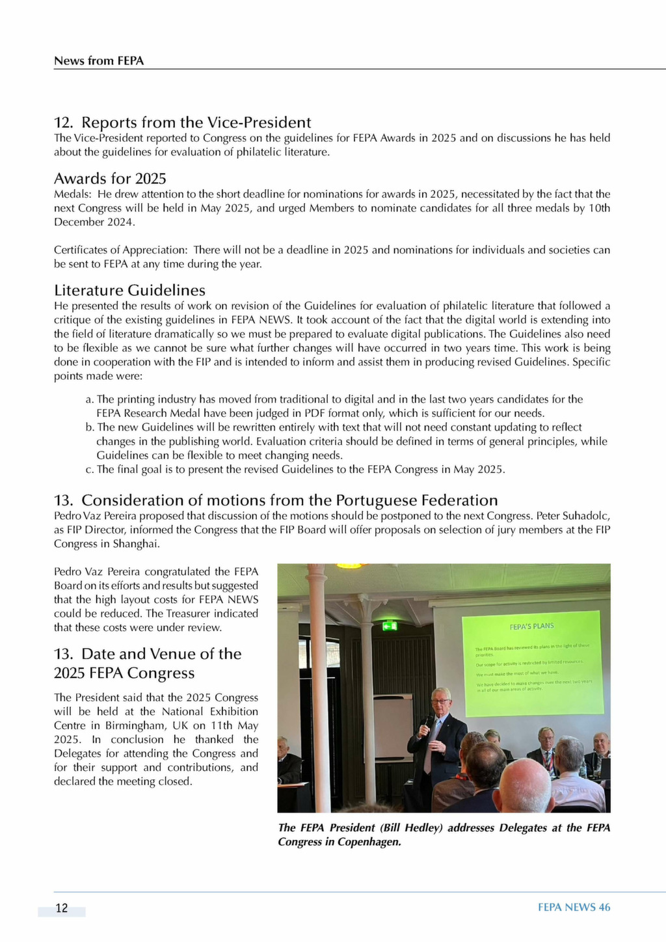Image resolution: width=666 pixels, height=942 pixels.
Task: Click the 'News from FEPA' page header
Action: coord(99,61)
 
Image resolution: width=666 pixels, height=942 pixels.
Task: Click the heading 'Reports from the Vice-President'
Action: coord(196,122)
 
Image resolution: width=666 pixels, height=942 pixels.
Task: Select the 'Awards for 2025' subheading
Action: coord(110,178)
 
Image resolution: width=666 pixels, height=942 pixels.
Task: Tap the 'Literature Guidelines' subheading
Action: coord(129,290)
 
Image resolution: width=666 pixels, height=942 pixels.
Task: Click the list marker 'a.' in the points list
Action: coord(90,399)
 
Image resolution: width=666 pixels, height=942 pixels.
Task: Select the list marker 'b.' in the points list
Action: coord(90,427)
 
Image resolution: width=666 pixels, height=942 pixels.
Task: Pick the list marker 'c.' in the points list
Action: coord(90,470)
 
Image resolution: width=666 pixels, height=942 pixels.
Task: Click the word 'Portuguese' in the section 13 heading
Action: coord(377,500)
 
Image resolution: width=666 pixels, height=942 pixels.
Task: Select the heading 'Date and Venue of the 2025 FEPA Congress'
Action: coord(147,663)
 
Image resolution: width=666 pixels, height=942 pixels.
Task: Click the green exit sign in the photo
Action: coord(390,626)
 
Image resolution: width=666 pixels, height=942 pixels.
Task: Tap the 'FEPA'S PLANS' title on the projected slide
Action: coord(531,626)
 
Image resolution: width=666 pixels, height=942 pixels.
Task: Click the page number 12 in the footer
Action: coord(62,908)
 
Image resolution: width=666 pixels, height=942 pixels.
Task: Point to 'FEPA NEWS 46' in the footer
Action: coord(574,908)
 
